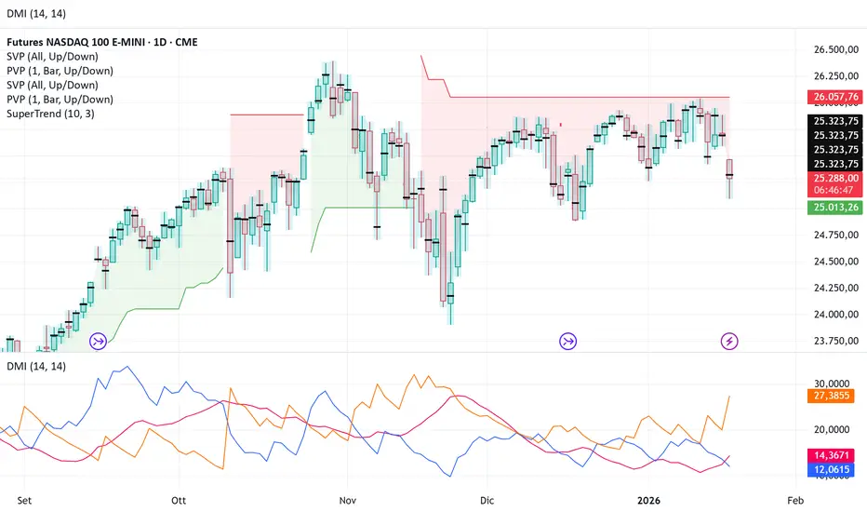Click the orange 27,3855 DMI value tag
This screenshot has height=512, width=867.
pos(834,396)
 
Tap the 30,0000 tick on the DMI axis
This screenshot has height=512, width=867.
pos(833,383)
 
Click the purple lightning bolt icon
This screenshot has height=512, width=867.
pos(730,342)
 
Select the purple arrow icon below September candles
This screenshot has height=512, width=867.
pos(98,342)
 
